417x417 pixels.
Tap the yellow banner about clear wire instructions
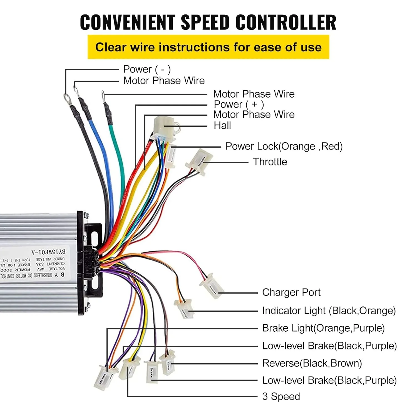tap(208, 47)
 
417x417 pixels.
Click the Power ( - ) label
tap(147, 69)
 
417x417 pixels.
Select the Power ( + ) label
tap(239, 104)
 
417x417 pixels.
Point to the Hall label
tap(222, 125)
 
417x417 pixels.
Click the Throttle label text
tap(270, 162)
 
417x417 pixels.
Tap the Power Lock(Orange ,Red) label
tap(284, 146)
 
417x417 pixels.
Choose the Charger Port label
tap(291, 292)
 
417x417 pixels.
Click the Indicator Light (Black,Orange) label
tap(329, 311)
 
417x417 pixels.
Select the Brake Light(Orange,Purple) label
tap(323, 328)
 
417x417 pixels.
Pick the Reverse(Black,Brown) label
tap(312, 363)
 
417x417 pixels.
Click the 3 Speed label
tap(281, 396)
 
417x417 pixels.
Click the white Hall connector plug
tap(164, 125)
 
